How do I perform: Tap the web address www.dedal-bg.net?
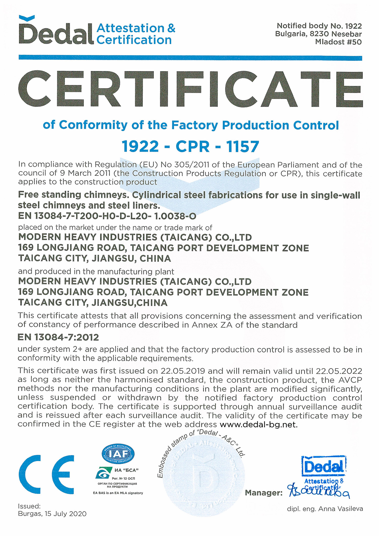click(258, 425)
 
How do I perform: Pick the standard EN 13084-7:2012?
click(58, 337)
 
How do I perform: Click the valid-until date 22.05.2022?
click(339, 371)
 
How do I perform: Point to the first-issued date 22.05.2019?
click(183, 371)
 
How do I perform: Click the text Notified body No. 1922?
click(319, 26)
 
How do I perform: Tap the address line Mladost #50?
click(338, 42)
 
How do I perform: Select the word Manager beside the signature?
click(264, 493)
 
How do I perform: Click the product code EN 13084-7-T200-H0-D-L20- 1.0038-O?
click(107, 216)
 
